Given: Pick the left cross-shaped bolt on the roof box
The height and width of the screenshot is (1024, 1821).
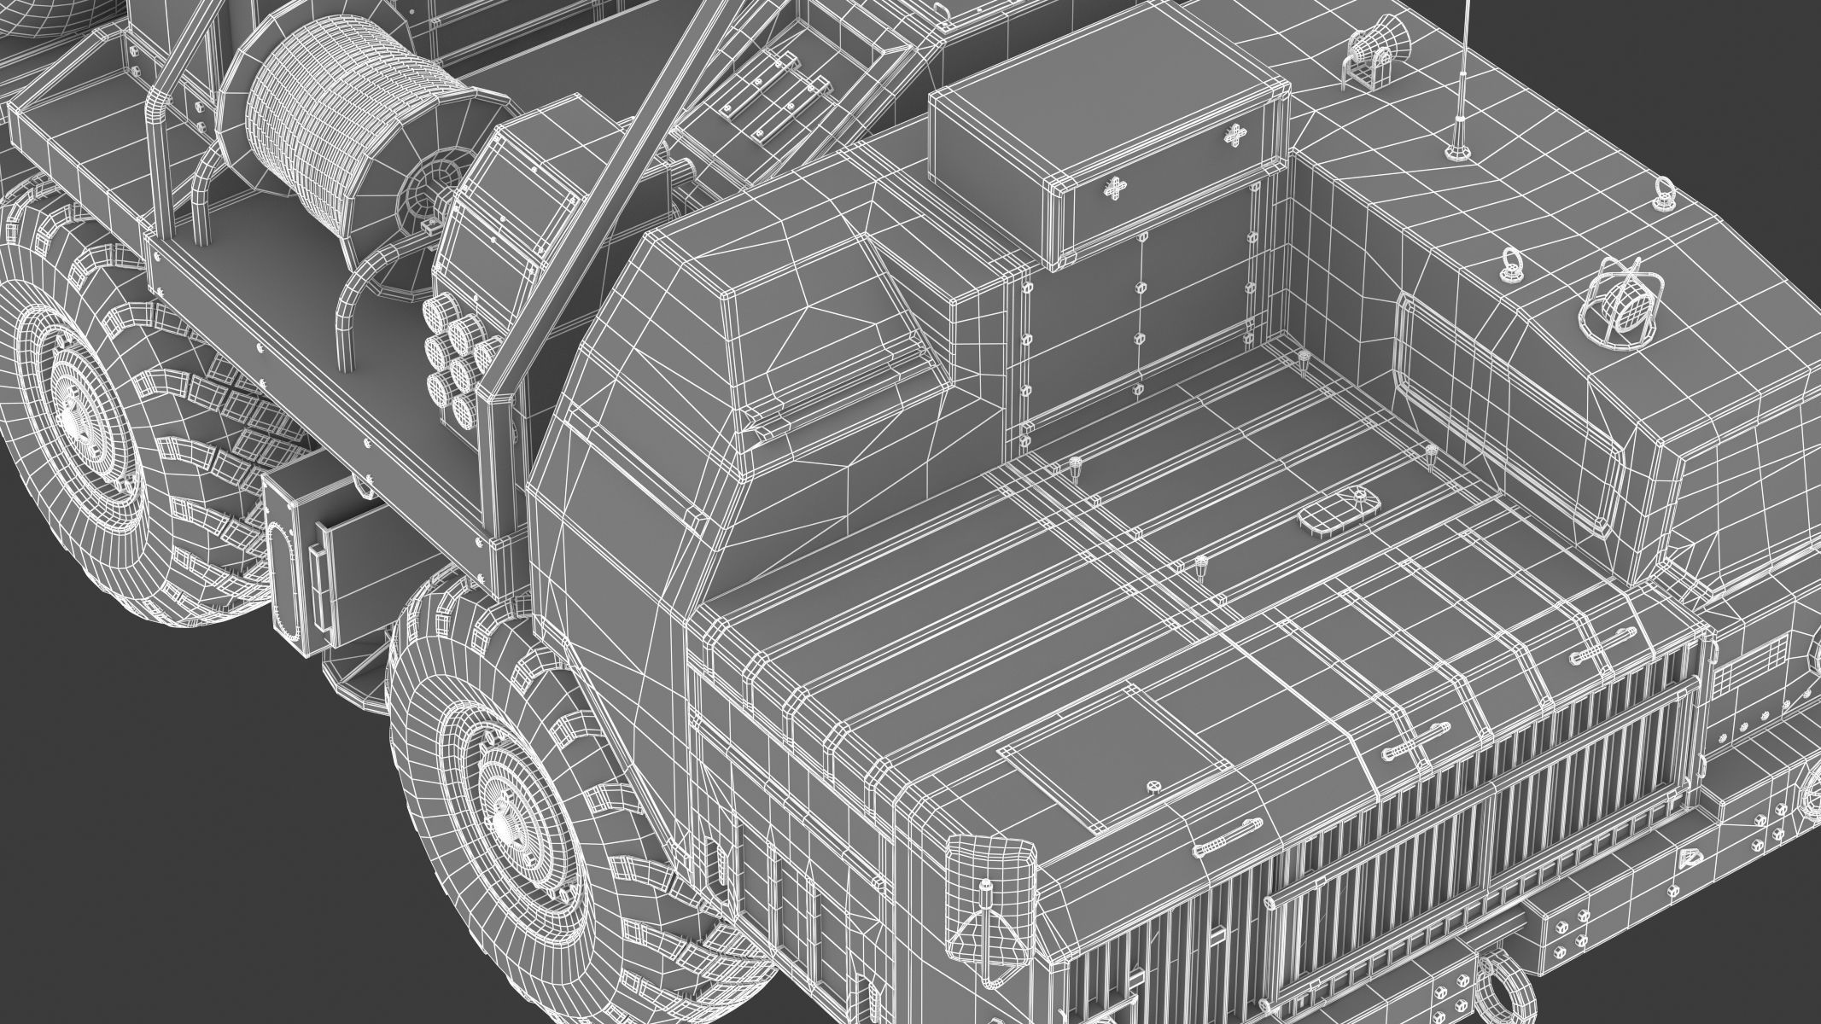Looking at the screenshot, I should pyautogui.click(x=1113, y=189).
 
